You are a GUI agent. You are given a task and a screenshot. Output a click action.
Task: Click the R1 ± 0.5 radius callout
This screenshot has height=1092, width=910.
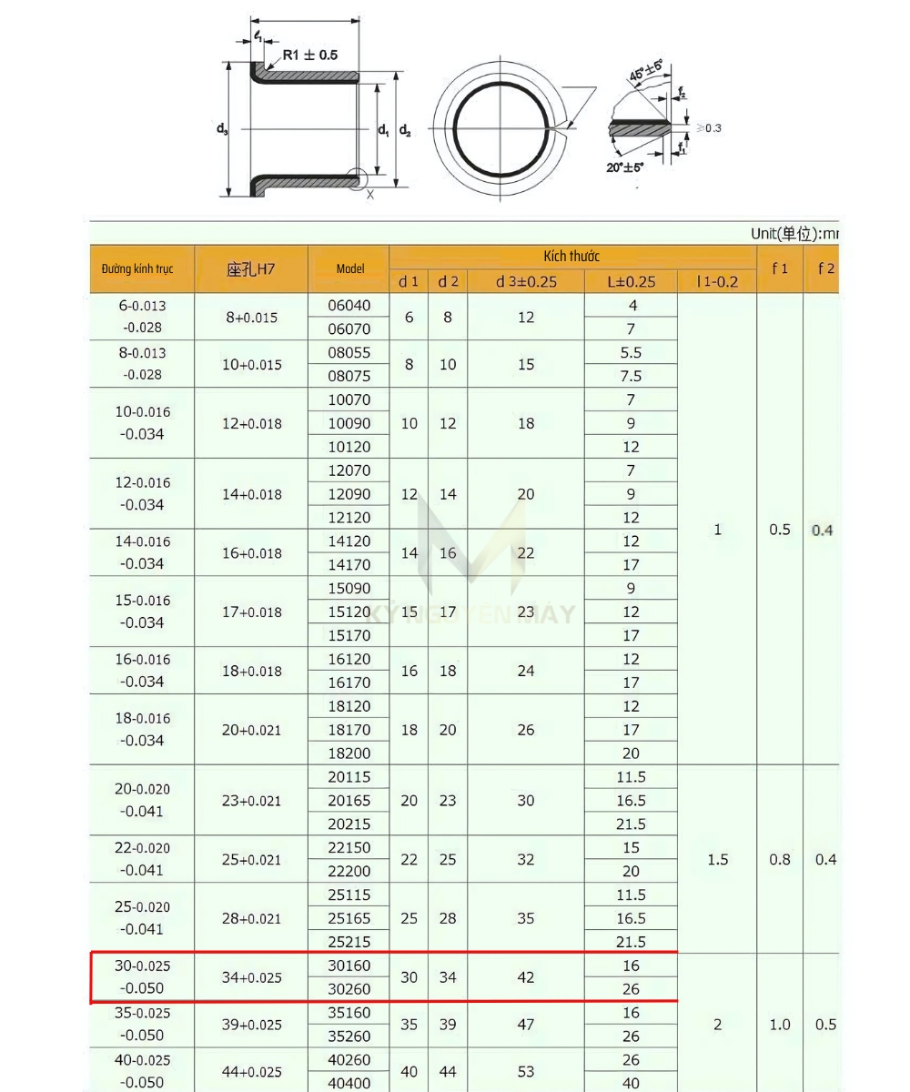coord(309,56)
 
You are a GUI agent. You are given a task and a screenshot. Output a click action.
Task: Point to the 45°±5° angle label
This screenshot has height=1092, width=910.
coord(645,71)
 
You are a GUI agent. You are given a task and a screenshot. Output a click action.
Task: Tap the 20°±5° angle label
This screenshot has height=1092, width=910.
coord(626,167)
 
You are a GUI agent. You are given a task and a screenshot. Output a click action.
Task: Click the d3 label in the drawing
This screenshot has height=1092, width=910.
coord(223,129)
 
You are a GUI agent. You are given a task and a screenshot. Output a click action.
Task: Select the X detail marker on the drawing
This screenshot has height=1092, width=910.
coord(369,194)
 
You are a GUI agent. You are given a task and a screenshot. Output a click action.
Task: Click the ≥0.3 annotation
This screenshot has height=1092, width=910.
coord(708,128)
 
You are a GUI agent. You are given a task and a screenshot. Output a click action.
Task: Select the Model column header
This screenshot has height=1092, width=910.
coord(349,268)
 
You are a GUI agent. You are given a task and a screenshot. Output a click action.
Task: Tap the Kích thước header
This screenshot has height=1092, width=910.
coord(571,257)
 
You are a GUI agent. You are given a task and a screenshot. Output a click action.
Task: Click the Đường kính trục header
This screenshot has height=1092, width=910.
coord(137,268)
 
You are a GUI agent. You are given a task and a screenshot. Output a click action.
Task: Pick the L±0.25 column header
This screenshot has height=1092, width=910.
coord(631,281)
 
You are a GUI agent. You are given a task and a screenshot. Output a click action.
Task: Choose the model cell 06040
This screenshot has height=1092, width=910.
coord(349,306)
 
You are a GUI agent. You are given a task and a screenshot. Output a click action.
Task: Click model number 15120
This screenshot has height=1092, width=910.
coord(349,612)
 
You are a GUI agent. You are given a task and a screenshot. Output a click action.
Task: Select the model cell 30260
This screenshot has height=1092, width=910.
coord(349,989)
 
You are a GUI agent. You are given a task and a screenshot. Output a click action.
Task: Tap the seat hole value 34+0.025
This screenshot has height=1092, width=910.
coord(251,977)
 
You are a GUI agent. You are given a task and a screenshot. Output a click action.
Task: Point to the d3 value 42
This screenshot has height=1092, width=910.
coord(526,977)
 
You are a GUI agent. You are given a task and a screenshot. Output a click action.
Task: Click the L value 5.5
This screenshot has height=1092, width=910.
coord(631,352)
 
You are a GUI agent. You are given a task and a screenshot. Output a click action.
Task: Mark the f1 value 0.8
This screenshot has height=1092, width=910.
coord(780,859)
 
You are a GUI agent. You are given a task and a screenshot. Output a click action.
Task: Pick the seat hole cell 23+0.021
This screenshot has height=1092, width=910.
coord(251,801)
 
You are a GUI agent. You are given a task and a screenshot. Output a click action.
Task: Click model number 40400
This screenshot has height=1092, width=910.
coord(349,1083)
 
